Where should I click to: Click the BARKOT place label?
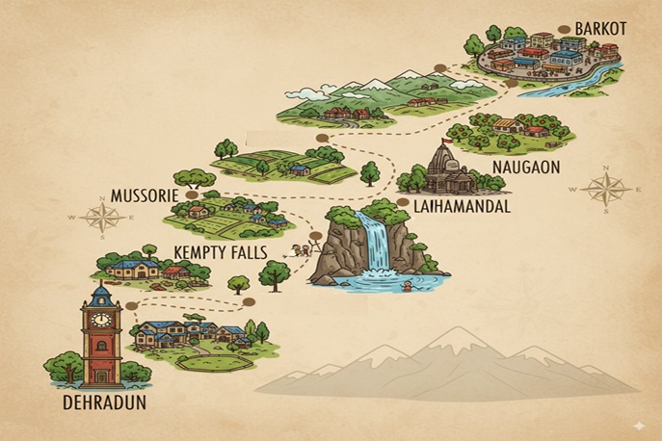click(x=600, y=29)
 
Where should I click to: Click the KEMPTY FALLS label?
click(x=220, y=252)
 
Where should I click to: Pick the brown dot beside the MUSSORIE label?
click(x=192, y=195)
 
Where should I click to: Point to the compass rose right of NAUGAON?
click(x=605, y=189)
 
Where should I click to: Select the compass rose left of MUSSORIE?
click(x=100, y=218)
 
